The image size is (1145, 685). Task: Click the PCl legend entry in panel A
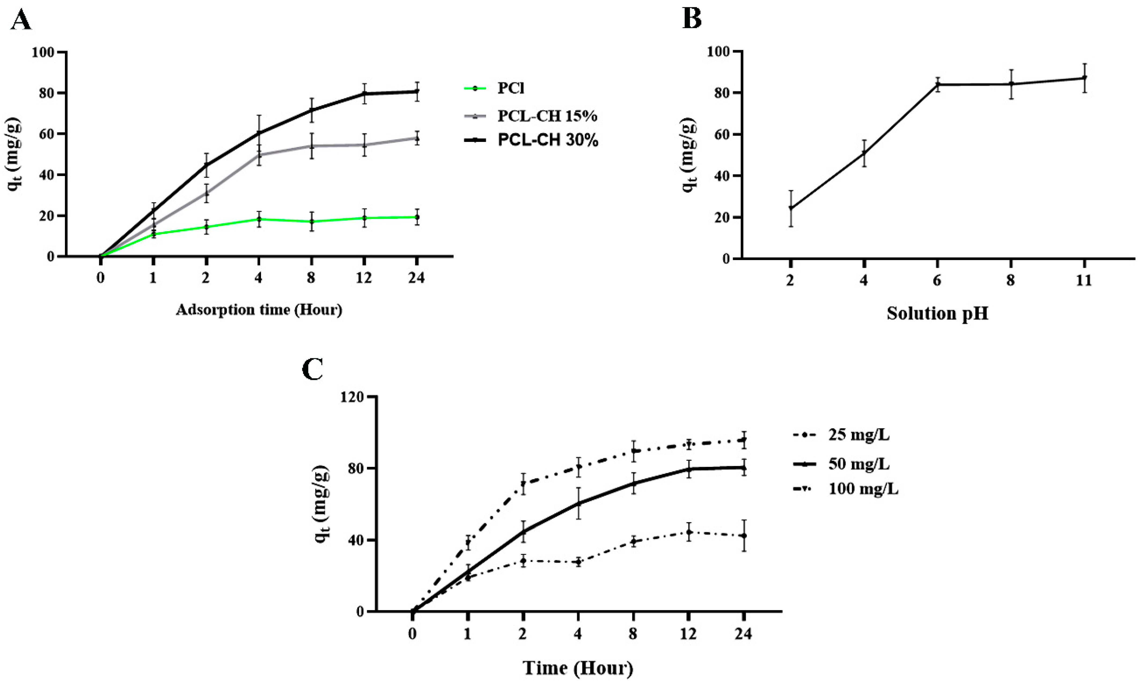(x=494, y=88)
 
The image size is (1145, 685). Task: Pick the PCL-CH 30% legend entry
(x=531, y=140)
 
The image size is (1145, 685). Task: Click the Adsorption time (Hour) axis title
(x=259, y=309)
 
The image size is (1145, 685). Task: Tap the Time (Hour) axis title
(x=578, y=668)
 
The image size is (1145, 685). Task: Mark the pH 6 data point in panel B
(x=937, y=85)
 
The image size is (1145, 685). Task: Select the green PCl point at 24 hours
(x=417, y=217)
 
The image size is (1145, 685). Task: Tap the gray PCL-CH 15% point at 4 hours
(x=259, y=155)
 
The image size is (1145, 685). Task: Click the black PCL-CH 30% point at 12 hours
(x=364, y=94)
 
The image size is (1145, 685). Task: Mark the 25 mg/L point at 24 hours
(x=743, y=536)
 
